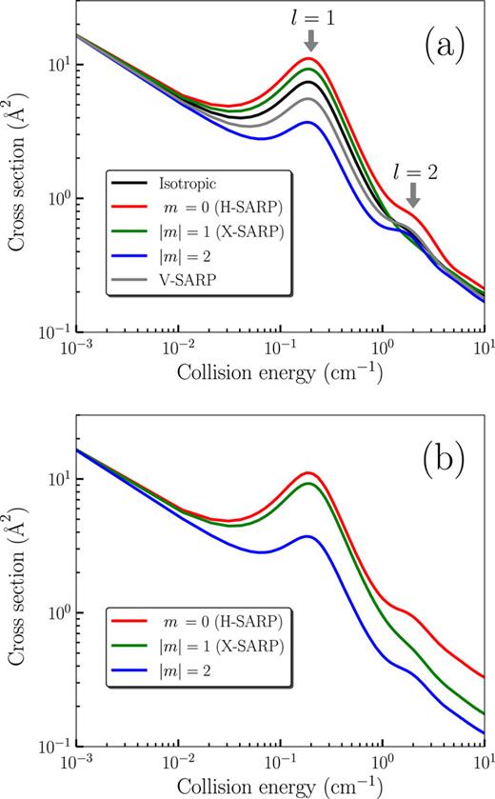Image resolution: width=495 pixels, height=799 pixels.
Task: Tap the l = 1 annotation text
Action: (311, 17)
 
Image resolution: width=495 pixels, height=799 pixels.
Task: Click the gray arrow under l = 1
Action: (311, 40)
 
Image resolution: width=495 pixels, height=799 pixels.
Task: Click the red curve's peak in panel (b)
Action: (307, 472)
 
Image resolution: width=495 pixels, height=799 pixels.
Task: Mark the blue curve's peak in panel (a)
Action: (307, 122)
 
